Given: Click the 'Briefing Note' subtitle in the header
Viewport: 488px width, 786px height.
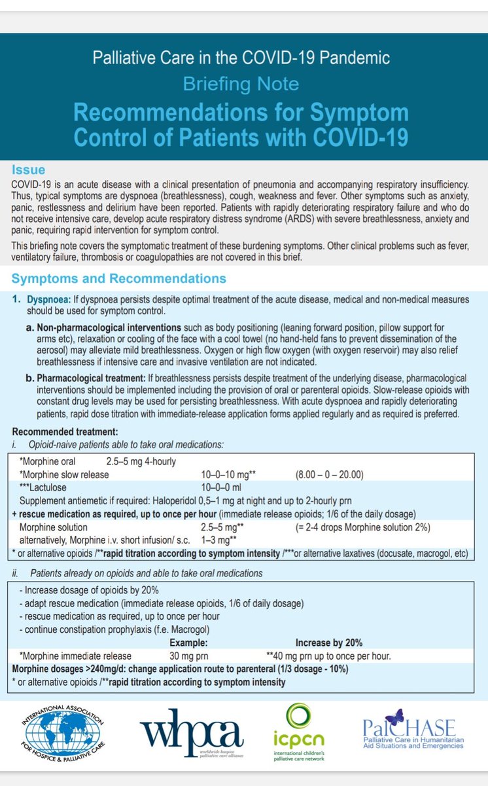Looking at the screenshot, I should [x=241, y=84].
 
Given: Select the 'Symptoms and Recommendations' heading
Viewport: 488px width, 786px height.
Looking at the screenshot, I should [x=119, y=278].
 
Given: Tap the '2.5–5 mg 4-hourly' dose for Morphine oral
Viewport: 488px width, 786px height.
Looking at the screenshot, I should [x=142, y=461].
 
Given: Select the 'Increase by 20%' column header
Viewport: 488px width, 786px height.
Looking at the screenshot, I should [x=329, y=643].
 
